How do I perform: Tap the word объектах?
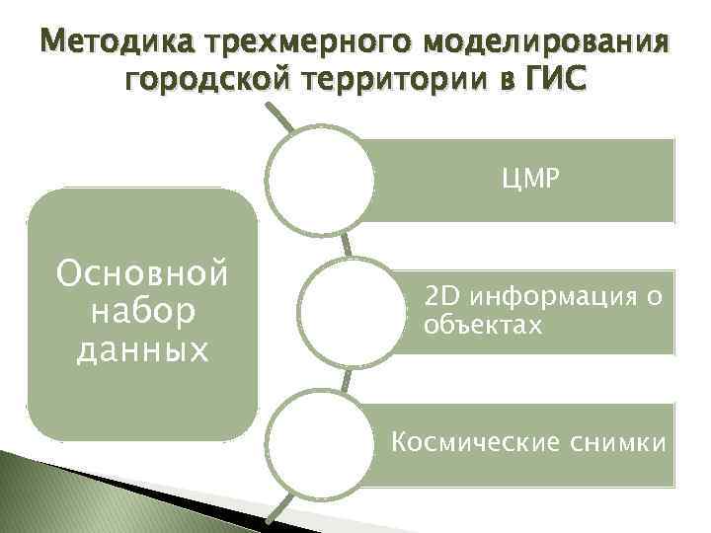tap(483, 325)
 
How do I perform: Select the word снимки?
tap(615, 442)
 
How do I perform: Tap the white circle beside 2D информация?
tap(350, 312)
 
